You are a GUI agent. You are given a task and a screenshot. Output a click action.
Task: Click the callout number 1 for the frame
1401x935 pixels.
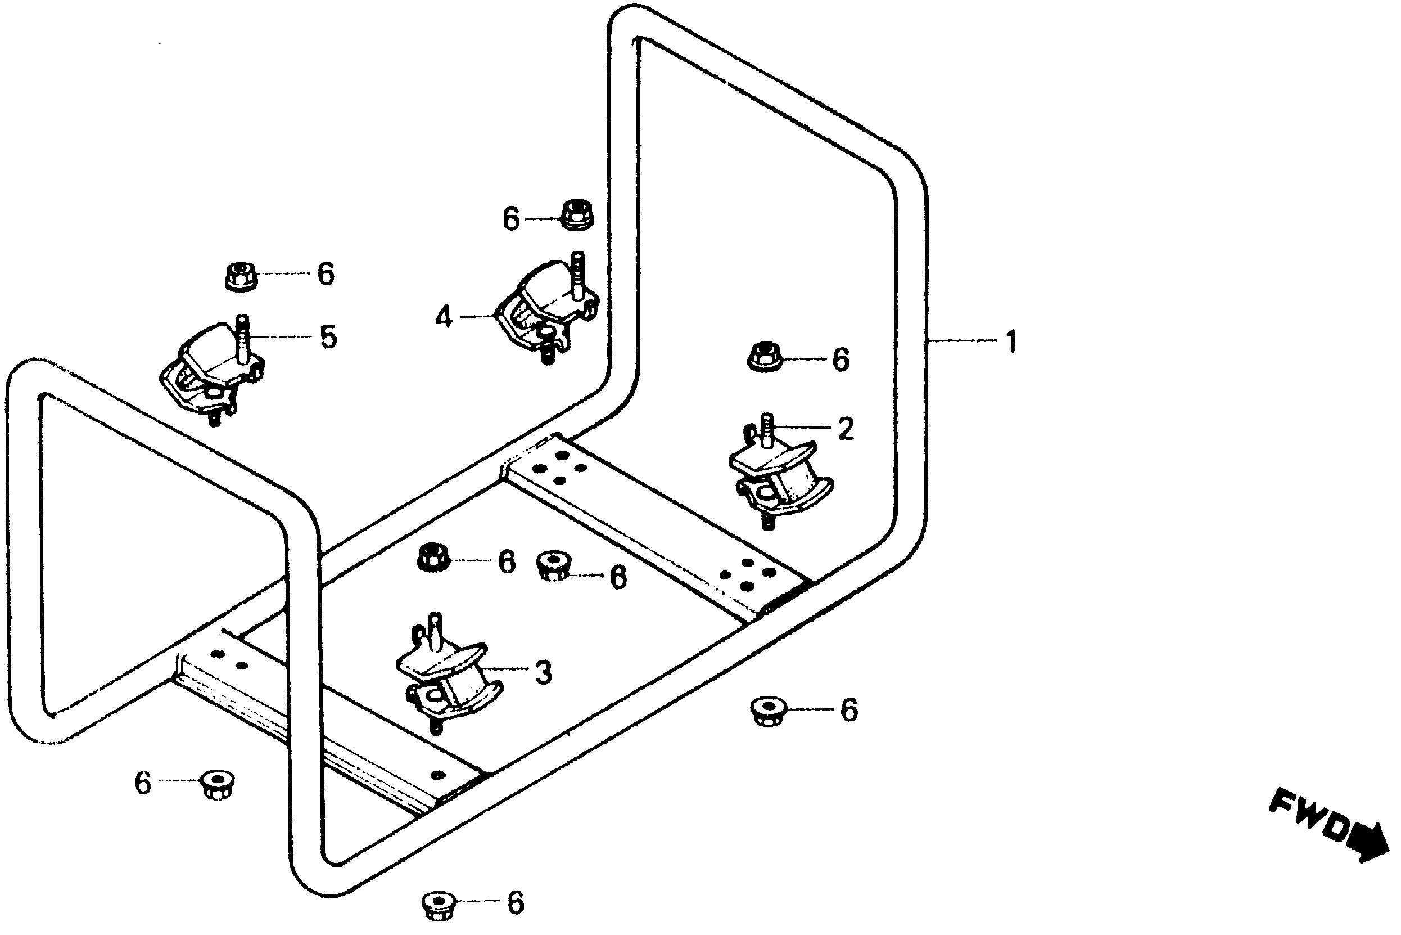1011,342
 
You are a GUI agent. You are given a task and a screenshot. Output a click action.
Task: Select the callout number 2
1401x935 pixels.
845,429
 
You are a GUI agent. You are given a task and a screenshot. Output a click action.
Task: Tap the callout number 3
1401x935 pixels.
543,672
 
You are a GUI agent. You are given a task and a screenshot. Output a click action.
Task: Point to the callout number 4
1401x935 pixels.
444,317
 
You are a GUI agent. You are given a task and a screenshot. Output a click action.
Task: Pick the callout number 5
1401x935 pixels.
327,338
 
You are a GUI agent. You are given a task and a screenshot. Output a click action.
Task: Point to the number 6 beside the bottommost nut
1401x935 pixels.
515,903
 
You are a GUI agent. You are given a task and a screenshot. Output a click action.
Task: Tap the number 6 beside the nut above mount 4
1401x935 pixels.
511,219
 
